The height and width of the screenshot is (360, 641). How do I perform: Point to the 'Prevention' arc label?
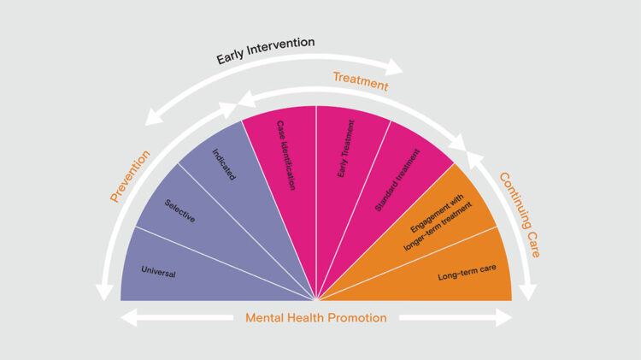[x=130, y=176]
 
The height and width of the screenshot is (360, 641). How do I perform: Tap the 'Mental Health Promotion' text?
[x=316, y=317]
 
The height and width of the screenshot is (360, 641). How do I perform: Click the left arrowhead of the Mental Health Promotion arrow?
[x=126, y=317]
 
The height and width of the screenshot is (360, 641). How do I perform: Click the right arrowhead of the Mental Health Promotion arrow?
[x=507, y=317]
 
